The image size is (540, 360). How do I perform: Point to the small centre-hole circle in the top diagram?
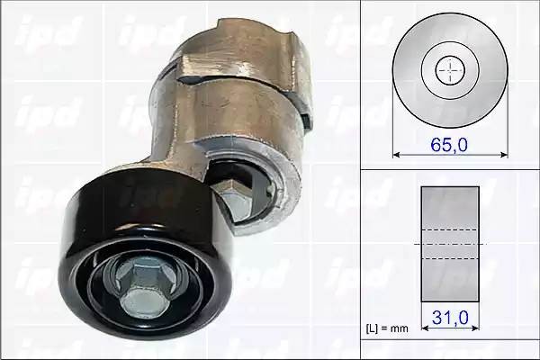(x=450, y=69)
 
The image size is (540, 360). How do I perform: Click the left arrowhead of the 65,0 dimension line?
(x=396, y=154)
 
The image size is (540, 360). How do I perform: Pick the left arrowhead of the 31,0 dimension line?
(x=425, y=328)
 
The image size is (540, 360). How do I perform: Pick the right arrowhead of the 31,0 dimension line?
(x=476, y=328)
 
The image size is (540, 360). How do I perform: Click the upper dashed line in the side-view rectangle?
(x=450, y=229)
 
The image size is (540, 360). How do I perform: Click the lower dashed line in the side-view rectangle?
(x=450, y=259)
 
